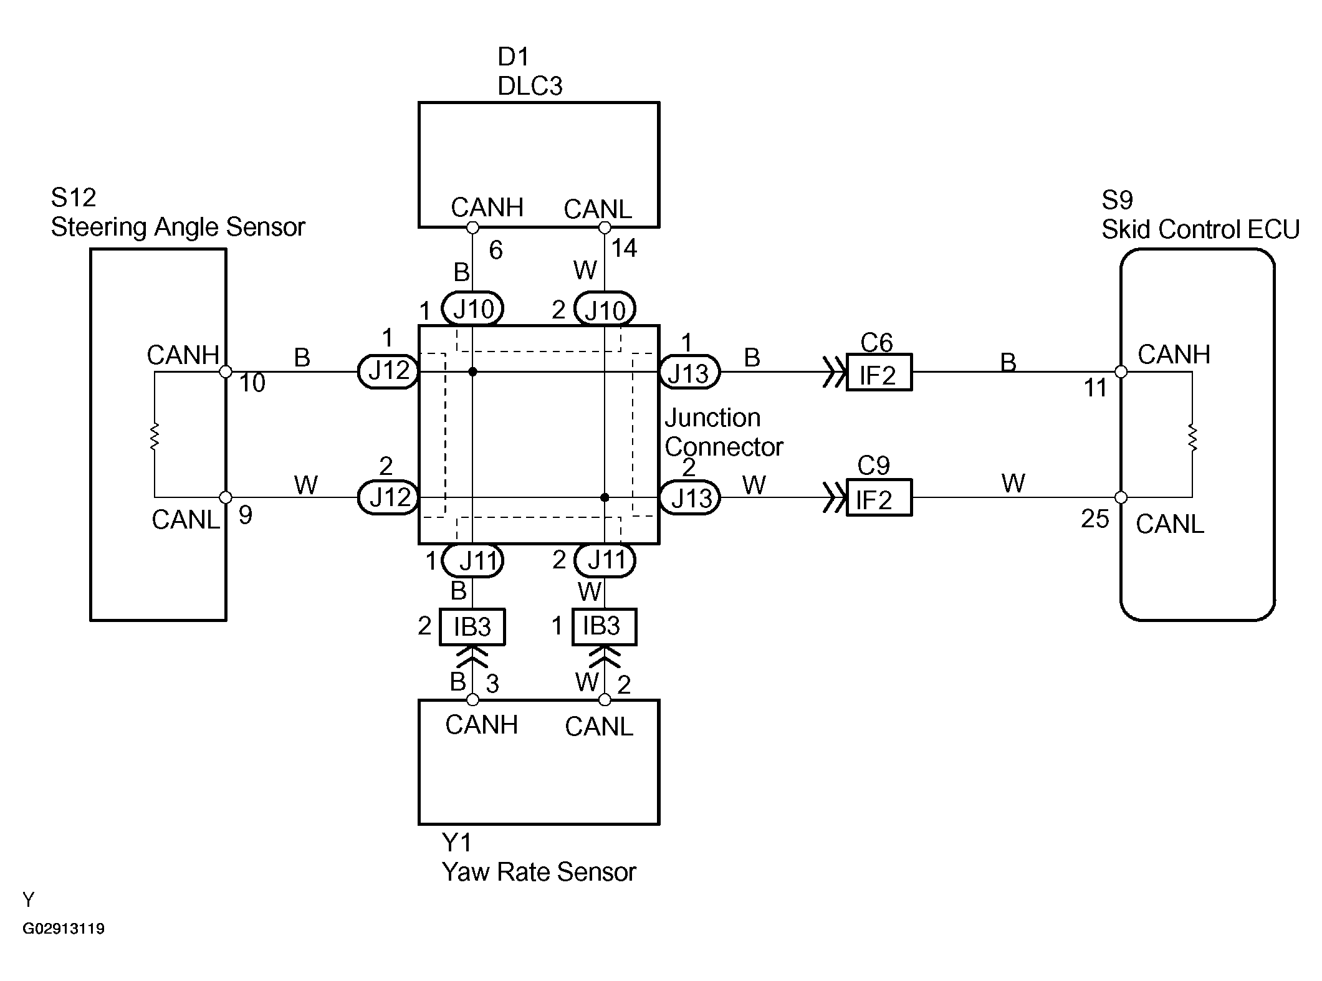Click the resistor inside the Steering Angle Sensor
pyautogui.click(x=155, y=436)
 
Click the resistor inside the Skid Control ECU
pyautogui.click(x=1192, y=437)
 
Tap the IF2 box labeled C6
pyautogui.click(x=879, y=373)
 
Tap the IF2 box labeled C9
pyautogui.click(x=879, y=497)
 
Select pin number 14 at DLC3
pyautogui.click(x=624, y=249)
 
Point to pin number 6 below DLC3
pyautogui.click(x=496, y=251)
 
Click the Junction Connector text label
pyautogui.click(x=723, y=432)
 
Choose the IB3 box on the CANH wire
pyautogui.click(x=472, y=626)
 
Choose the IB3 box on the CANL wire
pyautogui.click(x=604, y=626)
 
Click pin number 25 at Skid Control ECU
pyautogui.click(x=1094, y=519)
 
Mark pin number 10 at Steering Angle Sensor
pyautogui.click(x=252, y=383)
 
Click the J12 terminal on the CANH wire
pyautogui.click(x=388, y=372)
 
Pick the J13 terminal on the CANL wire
pyautogui.click(x=690, y=498)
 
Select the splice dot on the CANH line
pyautogui.click(x=472, y=372)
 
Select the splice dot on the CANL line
pyautogui.click(x=605, y=497)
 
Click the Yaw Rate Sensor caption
pyautogui.click(x=539, y=872)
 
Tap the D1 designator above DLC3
pyautogui.click(x=513, y=57)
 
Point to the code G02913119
pyautogui.click(x=64, y=929)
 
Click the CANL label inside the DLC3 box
pyautogui.click(x=597, y=209)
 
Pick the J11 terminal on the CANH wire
pyautogui.click(x=473, y=561)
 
